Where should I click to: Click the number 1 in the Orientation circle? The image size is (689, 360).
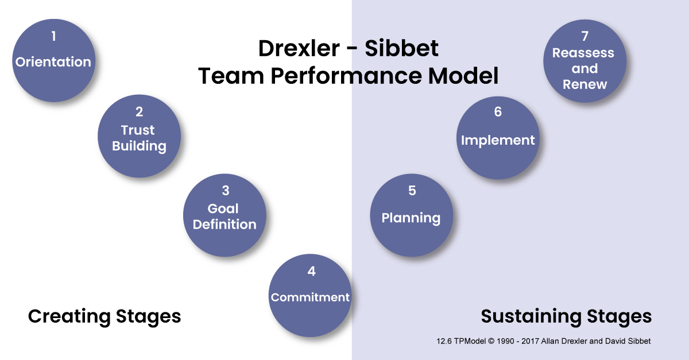(54, 36)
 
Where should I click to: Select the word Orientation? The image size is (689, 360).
(53, 62)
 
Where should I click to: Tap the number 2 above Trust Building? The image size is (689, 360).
(140, 112)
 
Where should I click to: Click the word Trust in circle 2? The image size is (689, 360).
(138, 130)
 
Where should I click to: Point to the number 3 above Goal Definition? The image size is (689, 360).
(226, 191)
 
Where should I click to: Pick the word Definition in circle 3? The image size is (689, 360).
(224, 224)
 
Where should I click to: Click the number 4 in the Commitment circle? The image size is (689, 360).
(311, 272)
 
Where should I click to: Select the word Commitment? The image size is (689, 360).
(310, 297)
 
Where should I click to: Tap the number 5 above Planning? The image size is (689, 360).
(412, 191)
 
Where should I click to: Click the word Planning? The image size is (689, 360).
(411, 218)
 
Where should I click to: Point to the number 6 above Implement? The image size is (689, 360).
(498, 112)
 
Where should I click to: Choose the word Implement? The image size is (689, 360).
(498, 141)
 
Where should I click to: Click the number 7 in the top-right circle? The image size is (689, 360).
(585, 36)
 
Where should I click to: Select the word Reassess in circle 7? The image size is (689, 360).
(583, 53)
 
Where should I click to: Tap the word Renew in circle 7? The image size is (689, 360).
(585, 84)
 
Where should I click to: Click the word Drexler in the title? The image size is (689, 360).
(299, 48)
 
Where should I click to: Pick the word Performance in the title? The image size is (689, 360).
(346, 76)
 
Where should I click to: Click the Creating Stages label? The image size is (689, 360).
(104, 316)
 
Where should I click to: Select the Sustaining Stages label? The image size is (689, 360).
(566, 316)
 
